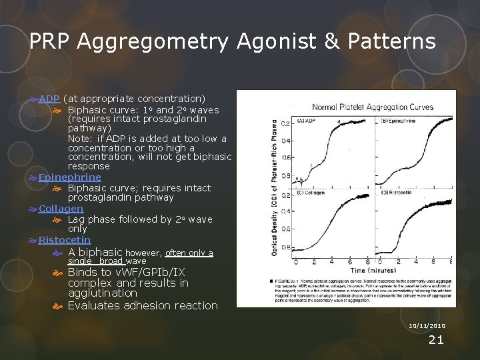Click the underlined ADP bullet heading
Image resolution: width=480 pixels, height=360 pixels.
pyautogui.click(x=49, y=99)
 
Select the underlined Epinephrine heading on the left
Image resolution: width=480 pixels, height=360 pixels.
pyautogui.click(x=69, y=177)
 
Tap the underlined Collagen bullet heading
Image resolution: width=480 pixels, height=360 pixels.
pyautogui.click(x=61, y=208)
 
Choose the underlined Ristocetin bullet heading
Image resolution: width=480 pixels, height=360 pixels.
pyautogui.click(x=64, y=239)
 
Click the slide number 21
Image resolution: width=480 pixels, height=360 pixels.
pyautogui.click(x=435, y=340)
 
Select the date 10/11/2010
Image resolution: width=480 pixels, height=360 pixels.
pyautogui.click(x=426, y=326)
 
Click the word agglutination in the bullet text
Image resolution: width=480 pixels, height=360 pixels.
pyautogui.click(x=102, y=293)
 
